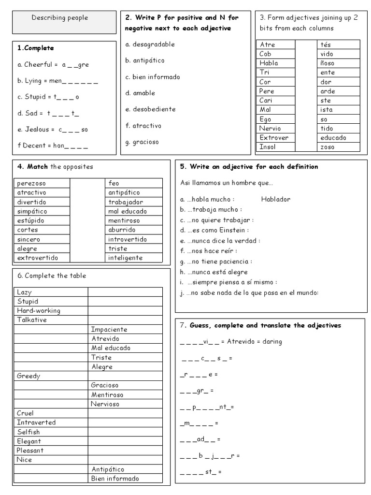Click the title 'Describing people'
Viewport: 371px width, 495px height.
point(60,18)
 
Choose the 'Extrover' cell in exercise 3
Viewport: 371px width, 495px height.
point(274,138)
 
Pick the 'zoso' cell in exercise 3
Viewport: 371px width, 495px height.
point(327,147)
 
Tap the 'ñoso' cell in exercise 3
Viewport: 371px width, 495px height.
point(327,63)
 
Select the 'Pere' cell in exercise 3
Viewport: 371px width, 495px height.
point(267,91)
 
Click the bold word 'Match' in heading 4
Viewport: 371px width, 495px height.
point(38,167)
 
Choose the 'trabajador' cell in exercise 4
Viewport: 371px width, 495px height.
point(126,202)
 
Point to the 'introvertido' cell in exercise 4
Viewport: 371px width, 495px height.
point(128,239)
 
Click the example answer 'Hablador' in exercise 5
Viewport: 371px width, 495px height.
point(275,199)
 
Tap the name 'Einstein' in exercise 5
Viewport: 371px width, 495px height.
point(234,230)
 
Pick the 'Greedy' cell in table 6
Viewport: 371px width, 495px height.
point(29,376)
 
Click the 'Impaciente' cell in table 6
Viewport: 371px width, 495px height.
point(109,329)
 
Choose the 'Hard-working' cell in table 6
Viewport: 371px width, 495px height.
point(39,311)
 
